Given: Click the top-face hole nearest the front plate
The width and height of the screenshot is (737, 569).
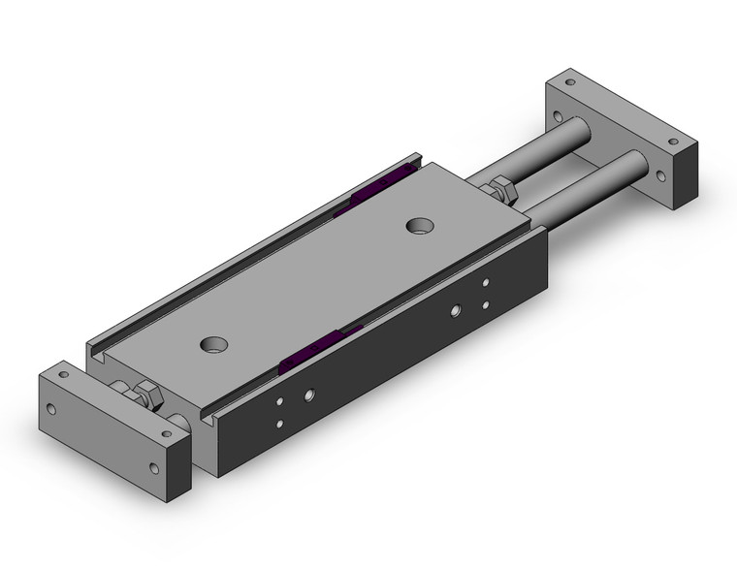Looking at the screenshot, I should [212, 344].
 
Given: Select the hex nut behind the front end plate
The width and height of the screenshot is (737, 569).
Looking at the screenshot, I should [149, 396].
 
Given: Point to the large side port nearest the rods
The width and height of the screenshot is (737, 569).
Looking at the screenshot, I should [456, 311].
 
